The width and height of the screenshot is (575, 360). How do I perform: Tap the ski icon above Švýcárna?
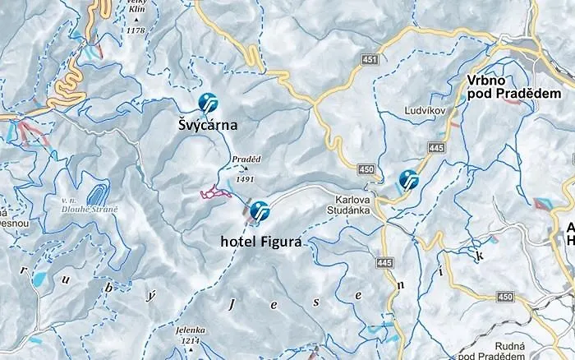(x=209, y=102)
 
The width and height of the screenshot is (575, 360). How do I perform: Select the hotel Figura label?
(x=261, y=242)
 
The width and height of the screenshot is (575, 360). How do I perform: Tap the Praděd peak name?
(x=246, y=158)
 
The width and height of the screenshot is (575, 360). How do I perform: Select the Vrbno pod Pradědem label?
(x=501, y=87)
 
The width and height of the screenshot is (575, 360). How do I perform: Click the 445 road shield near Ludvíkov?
(x=436, y=147)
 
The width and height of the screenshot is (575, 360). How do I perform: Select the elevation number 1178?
(x=136, y=30)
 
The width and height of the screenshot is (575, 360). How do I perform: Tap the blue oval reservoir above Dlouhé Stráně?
(x=97, y=195)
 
